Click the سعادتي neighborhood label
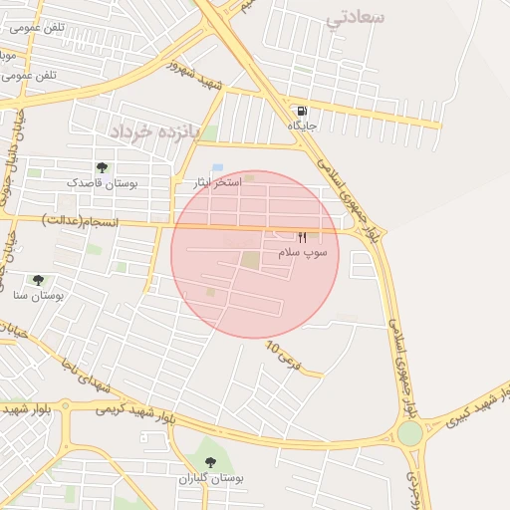click(356, 17)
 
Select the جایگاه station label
click(303, 126)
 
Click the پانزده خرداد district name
click(154, 131)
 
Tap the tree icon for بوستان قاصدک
click(102, 167)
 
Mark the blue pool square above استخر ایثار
click(217, 167)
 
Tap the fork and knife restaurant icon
click(302, 237)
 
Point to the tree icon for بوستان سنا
click(38, 280)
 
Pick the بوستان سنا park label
click(39, 296)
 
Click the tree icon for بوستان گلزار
click(209, 462)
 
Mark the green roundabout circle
click(409, 433)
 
